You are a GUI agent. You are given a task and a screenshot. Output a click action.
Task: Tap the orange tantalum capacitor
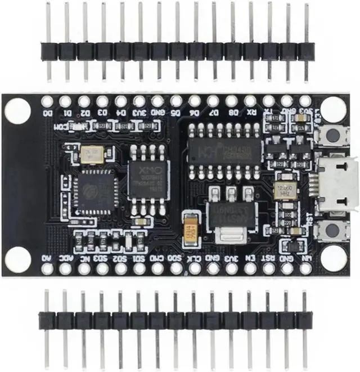[190, 230]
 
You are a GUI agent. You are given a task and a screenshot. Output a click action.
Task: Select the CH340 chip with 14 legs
[224, 150]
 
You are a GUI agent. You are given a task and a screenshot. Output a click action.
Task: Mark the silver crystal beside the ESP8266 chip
[92, 155]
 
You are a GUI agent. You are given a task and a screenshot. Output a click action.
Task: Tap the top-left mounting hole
[17, 108]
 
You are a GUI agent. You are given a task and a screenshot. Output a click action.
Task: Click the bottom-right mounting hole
[333, 257]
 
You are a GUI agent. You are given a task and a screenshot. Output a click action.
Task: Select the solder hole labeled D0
[47, 102]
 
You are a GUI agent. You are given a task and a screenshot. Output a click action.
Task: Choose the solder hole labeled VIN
[305, 269]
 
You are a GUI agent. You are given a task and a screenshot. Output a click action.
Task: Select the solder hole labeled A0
[47, 269]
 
